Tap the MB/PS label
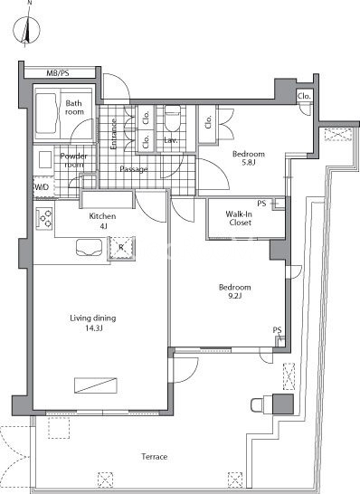click(58, 73)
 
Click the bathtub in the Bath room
click(47, 113)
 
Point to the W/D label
click(42, 187)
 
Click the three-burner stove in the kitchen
click(44, 219)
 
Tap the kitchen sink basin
click(90, 247)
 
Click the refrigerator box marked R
click(121, 248)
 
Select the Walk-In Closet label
click(240, 218)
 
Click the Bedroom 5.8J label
click(248, 157)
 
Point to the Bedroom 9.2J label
click(234, 291)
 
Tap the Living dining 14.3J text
click(93, 323)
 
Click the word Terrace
click(155, 457)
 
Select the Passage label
click(134, 169)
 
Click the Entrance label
click(114, 134)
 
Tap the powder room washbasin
click(45, 160)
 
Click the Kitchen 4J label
click(102, 221)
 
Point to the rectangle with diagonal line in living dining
click(96, 385)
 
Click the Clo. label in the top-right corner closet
click(305, 96)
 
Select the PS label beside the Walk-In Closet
click(261, 204)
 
